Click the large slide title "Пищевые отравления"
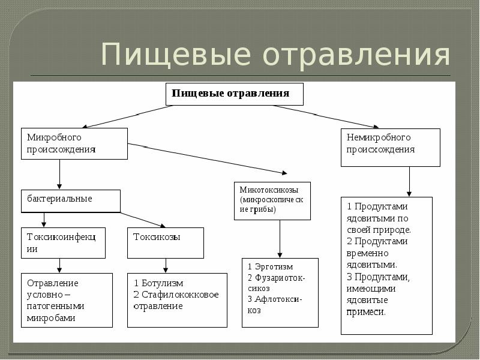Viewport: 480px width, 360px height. tap(275, 55)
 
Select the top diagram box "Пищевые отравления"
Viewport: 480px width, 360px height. tap(234, 94)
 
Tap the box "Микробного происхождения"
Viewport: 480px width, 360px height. tap(74, 143)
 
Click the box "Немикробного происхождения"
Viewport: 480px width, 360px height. tap(390, 147)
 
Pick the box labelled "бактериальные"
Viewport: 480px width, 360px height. tap(70, 200)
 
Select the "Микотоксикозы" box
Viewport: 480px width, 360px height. tap(272, 200)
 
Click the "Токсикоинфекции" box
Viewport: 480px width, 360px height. tap(62, 242)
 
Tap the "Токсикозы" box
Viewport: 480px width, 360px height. tap(165, 242)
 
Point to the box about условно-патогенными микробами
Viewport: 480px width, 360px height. tap(66, 299)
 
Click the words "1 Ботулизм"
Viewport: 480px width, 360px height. tap(158, 283)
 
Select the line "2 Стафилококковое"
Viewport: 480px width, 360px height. tap(176, 294)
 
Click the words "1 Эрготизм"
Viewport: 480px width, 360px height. tap(268, 266)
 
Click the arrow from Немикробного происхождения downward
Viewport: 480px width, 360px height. tap(409, 181)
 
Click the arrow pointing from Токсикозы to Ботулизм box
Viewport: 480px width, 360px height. tap(166, 265)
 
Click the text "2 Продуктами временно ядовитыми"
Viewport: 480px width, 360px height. tap(378, 252)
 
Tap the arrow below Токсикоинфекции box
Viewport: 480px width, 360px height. tap(59, 265)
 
